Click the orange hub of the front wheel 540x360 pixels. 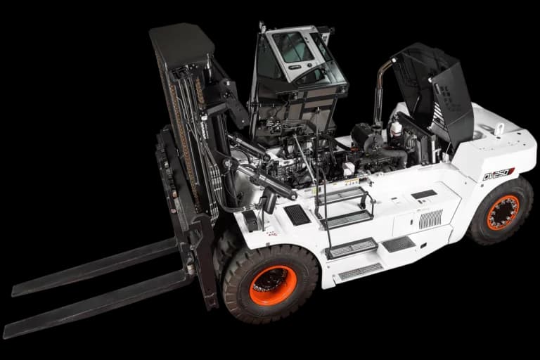click(x=273, y=284)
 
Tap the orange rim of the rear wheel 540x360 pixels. click(x=503, y=212)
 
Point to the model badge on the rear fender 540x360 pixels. click(x=498, y=174)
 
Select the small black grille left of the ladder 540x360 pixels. click(x=296, y=214)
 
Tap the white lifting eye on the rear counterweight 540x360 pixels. click(x=499, y=129)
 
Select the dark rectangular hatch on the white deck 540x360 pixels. click(x=423, y=194)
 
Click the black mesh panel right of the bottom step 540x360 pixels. click(x=398, y=244)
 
